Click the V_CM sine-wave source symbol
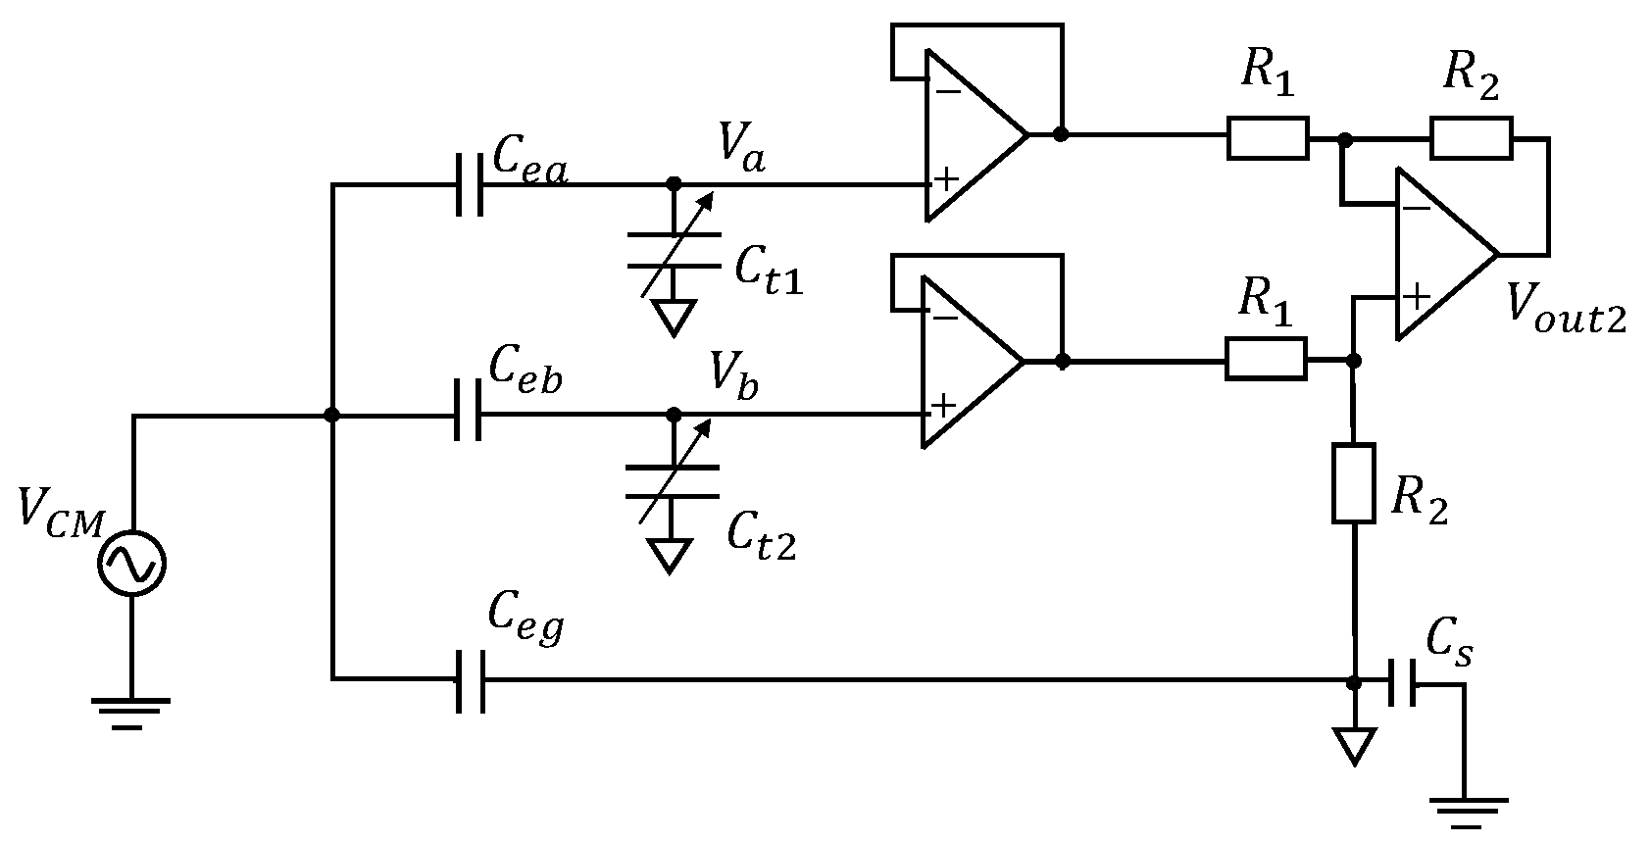click(132, 563)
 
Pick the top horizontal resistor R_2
click(1471, 138)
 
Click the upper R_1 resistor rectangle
click(1267, 137)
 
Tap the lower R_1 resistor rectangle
click(1265, 360)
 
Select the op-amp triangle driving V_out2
click(1438, 254)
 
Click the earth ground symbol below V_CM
click(131, 712)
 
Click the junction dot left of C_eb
click(332, 416)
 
